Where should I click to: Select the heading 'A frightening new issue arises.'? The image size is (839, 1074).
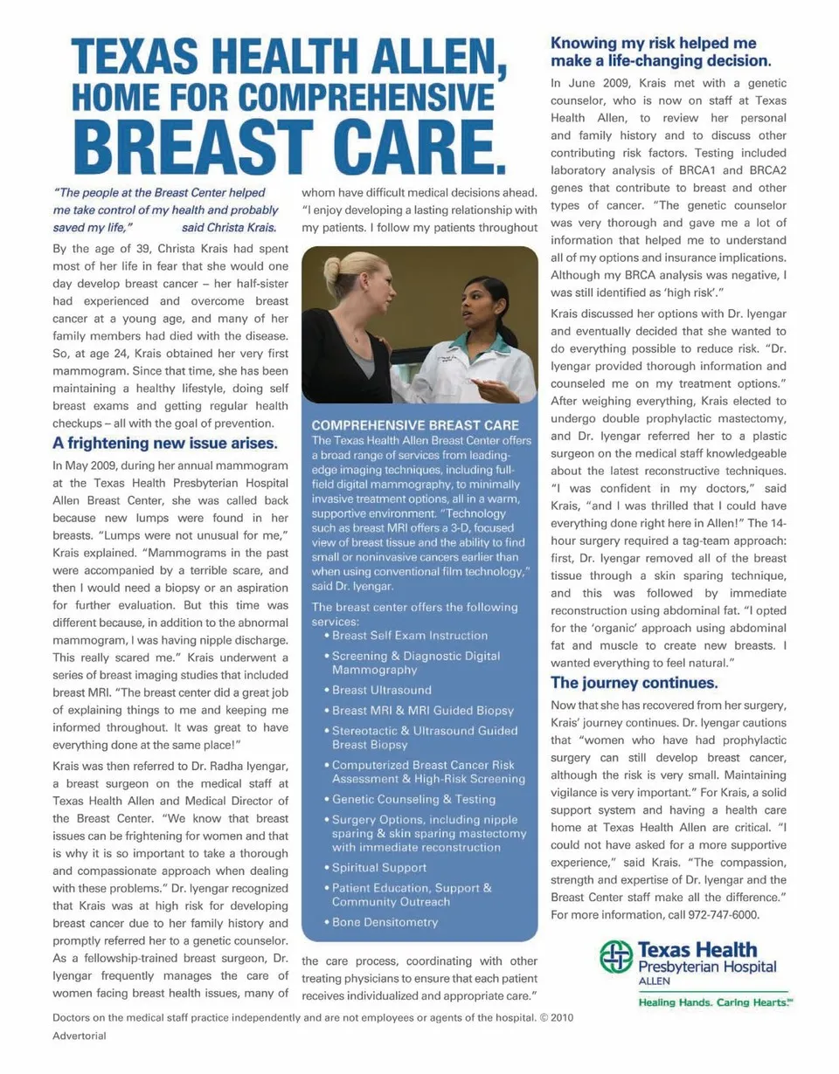point(165,442)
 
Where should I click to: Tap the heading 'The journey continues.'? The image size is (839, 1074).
point(634,682)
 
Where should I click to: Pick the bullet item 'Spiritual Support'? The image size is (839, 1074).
point(379,868)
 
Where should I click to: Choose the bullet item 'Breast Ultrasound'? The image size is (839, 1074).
point(381,690)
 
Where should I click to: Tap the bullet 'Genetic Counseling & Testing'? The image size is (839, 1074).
point(413,799)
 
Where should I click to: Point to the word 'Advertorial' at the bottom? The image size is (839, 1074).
point(80,1036)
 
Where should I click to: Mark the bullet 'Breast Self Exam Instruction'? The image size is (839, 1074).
point(410,636)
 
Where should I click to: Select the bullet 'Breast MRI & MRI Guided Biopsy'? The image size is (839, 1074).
point(423,710)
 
